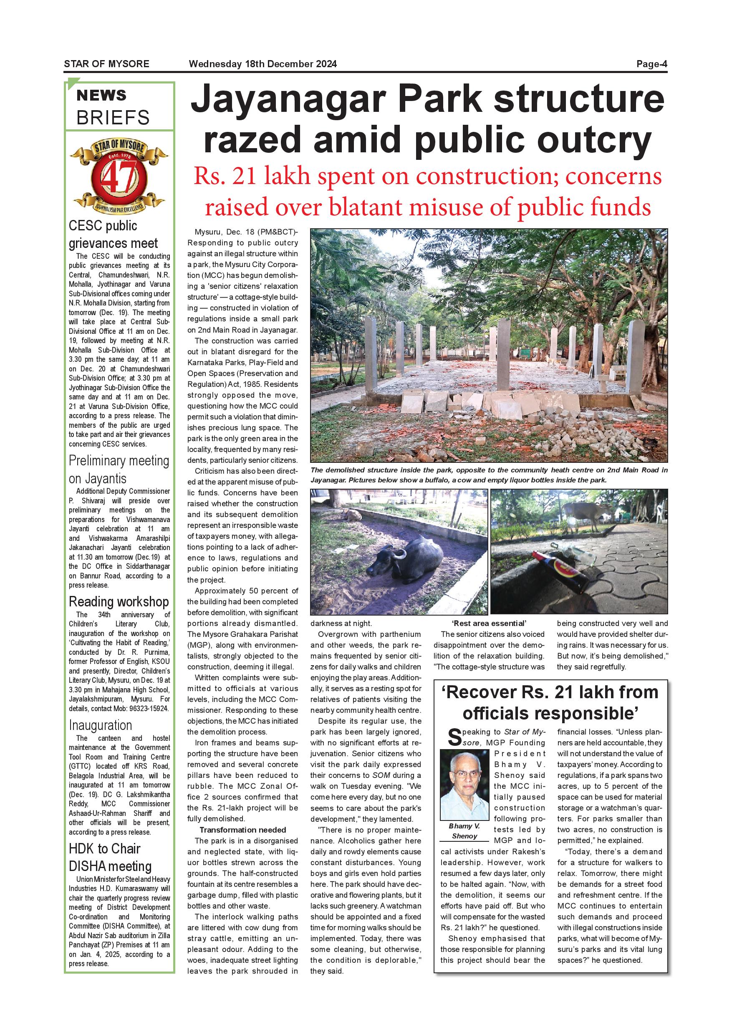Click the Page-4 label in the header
pyautogui.click(x=651, y=64)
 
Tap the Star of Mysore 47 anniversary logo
pyautogui.click(x=119, y=177)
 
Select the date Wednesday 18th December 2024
pyautogui.click(x=263, y=64)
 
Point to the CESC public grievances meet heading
pyautogui.click(x=113, y=235)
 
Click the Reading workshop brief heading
pyautogui.click(x=119, y=602)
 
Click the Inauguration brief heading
pyautogui.click(x=100, y=725)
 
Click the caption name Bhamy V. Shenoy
pyautogui.click(x=464, y=831)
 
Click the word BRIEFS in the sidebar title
pyautogui.click(x=113, y=118)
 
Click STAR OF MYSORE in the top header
pyautogui.click(x=106, y=64)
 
